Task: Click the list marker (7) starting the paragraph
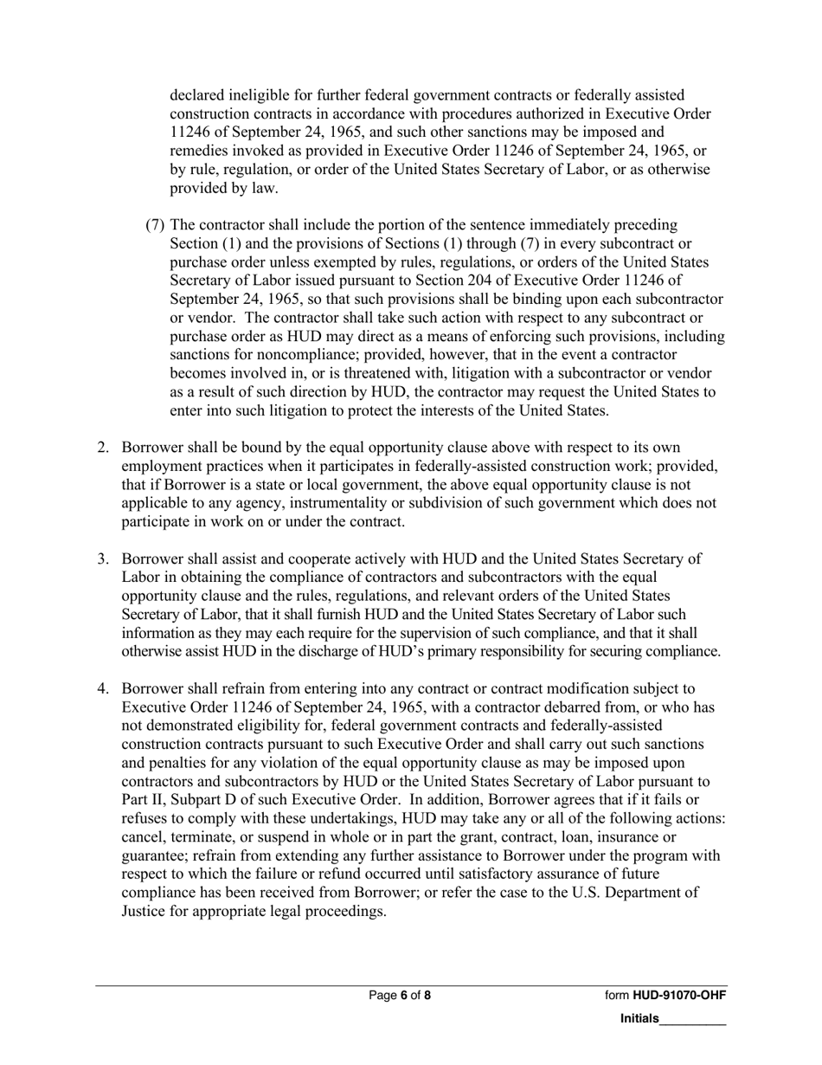[x=156, y=225]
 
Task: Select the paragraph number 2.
[x=102, y=448]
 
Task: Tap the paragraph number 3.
[x=102, y=558]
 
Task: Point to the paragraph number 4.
[x=102, y=688]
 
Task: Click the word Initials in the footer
[x=639, y=1019]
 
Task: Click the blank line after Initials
[x=692, y=1021]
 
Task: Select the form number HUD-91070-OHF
[x=679, y=996]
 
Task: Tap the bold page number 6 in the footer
[x=404, y=996]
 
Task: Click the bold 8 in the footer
[x=427, y=996]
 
